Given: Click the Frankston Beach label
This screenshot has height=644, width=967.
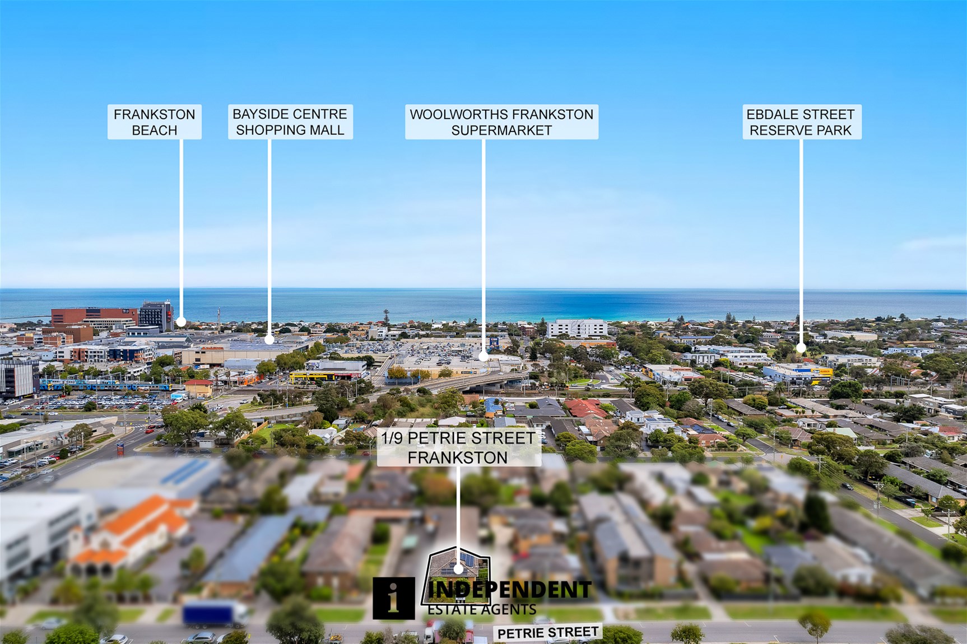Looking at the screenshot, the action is pyautogui.click(x=155, y=122).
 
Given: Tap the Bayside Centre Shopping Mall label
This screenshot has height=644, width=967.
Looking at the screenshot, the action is pyautogui.click(x=290, y=122).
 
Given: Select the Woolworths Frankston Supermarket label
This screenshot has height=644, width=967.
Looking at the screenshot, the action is pyautogui.click(x=501, y=122).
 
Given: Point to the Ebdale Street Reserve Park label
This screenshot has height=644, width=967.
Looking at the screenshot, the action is pyautogui.click(x=801, y=122).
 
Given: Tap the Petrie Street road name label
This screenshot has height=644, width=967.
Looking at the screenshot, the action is pyautogui.click(x=548, y=633).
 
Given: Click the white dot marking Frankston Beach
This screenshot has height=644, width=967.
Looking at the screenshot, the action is pyautogui.click(x=181, y=322).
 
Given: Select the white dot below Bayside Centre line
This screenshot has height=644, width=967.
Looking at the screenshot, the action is pyautogui.click(x=269, y=339).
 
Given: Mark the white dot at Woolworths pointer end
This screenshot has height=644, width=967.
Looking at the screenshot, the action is pyautogui.click(x=483, y=356).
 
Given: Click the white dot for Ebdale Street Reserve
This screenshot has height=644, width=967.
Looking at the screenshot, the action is pyautogui.click(x=801, y=348).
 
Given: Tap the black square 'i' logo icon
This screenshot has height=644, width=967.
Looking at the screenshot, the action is pyautogui.click(x=394, y=599).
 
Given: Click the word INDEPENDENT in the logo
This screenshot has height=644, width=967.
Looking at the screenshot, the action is pyautogui.click(x=509, y=590).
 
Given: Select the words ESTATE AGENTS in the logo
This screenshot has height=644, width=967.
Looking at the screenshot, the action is pyautogui.click(x=482, y=609).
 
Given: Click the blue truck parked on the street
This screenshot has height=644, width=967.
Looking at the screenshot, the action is pyautogui.click(x=216, y=614).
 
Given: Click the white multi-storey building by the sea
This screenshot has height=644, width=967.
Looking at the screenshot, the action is pyautogui.click(x=577, y=328).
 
